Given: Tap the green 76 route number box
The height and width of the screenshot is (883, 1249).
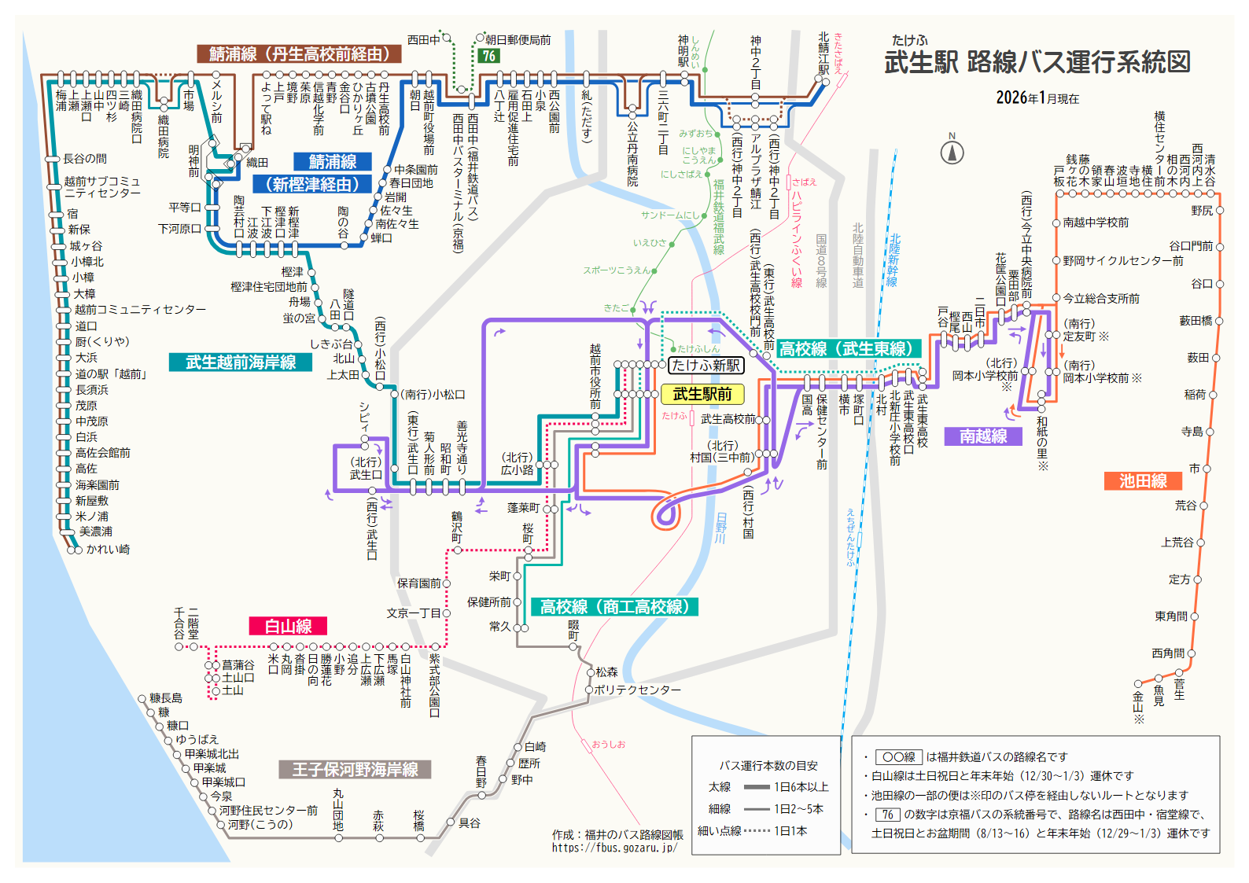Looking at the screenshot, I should (489, 56).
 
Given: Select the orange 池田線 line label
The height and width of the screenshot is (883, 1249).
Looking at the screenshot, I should (1143, 481).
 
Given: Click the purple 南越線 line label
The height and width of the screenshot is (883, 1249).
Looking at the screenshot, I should (983, 436).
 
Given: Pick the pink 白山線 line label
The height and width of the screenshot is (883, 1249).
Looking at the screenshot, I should (288, 626).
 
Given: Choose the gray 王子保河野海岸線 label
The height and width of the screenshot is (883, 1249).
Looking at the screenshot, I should (355, 770).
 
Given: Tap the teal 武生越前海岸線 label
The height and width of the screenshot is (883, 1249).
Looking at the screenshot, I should (241, 362).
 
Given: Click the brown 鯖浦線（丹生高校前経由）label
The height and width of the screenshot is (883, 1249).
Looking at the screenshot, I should (299, 53).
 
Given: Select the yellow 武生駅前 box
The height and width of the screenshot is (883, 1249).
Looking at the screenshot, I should (702, 394).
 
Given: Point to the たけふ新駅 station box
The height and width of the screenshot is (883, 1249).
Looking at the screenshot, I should (706, 365).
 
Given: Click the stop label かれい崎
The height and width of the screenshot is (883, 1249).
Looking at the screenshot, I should (108, 549).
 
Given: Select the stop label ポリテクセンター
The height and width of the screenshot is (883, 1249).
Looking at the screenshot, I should (637, 690).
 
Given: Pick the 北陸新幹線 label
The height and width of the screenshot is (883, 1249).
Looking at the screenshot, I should (894, 260).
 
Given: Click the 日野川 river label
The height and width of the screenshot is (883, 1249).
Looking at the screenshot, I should (720, 528).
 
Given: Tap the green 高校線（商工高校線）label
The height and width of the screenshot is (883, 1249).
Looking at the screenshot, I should (614, 606).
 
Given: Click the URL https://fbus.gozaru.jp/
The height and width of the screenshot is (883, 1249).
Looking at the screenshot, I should (613, 848).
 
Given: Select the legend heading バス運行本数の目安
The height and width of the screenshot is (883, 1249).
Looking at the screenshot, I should (768, 765).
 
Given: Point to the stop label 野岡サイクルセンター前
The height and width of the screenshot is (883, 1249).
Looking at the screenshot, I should (1122, 260).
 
